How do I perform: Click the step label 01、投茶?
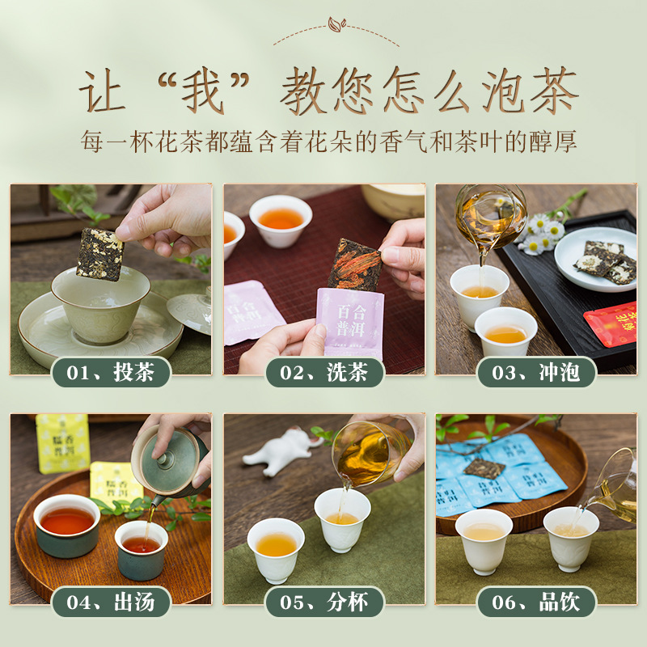click(111, 373)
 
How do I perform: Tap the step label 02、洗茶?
click(324, 373)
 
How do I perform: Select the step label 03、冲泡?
click(536, 373)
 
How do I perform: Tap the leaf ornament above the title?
click(334, 26)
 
